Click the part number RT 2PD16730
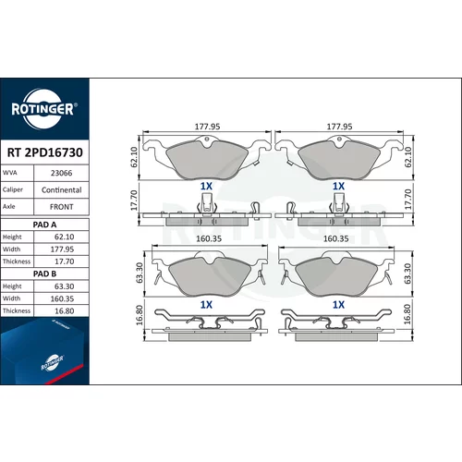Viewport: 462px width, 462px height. (45, 152)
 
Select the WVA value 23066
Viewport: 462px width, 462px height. (62, 173)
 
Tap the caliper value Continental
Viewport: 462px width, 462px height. (62, 190)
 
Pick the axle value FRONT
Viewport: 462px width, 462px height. (62, 207)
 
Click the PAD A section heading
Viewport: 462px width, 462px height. (44, 225)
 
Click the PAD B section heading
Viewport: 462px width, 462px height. (44, 274)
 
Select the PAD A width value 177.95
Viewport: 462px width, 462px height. (62, 249)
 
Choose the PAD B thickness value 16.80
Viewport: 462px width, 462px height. (65, 311)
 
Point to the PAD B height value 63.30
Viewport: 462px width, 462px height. (65, 286)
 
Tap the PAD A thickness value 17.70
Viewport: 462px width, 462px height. (65, 261)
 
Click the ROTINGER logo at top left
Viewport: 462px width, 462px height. (44, 109)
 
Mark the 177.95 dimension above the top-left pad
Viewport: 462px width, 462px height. (207, 127)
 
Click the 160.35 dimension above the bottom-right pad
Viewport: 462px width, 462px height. (335, 238)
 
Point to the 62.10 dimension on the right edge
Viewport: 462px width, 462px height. (408, 157)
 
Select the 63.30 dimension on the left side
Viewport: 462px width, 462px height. (140, 273)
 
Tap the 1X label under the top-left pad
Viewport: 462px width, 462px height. (206, 186)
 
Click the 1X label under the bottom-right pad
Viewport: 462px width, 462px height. (338, 305)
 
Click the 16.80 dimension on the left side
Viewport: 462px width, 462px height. (140, 315)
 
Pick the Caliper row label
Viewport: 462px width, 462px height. (13, 189)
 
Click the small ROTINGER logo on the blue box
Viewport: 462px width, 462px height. (53, 363)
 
